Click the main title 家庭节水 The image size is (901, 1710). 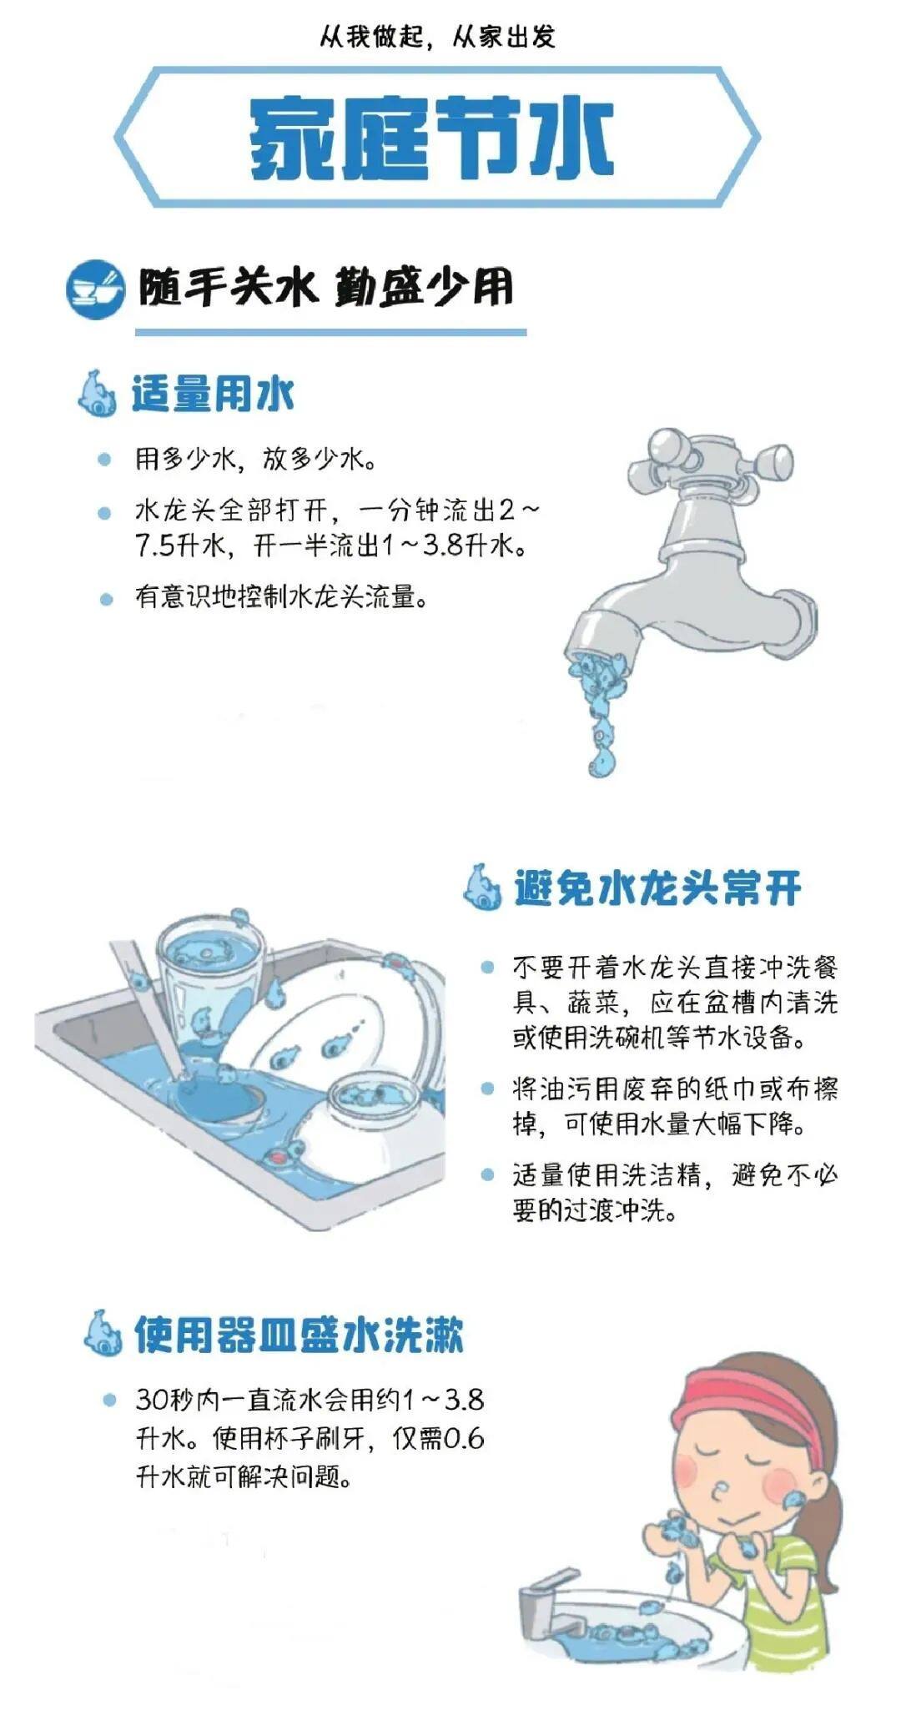coord(431,138)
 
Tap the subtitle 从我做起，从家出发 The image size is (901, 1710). coord(437,37)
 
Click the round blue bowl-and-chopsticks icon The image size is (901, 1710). coord(95,289)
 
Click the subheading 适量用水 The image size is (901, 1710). coord(213,394)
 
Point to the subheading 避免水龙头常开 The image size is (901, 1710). coord(657,888)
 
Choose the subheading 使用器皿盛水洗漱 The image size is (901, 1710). coord(298,1335)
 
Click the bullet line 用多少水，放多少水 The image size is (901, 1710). coord(255,459)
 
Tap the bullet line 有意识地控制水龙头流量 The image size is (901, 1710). coord(281,597)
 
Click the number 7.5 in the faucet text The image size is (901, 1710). coord(155,546)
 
